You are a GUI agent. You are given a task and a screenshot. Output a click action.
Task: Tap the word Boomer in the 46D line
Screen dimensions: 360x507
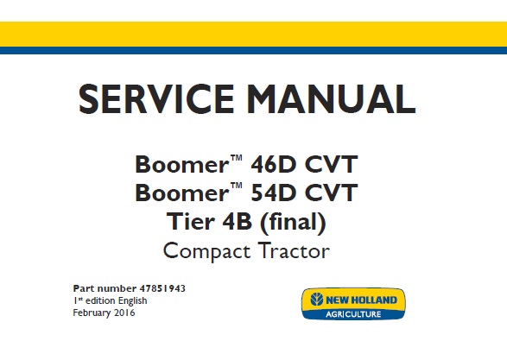pyautogui.click(x=176, y=164)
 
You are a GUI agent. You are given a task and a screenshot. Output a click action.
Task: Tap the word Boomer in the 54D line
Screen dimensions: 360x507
pyautogui.click(x=176, y=193)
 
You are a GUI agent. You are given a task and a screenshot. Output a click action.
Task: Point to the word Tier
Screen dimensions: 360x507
pyautogui.click(x=189, y=223)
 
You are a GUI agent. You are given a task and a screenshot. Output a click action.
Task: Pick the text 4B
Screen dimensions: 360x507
pyautogui.click(x=241, y=223)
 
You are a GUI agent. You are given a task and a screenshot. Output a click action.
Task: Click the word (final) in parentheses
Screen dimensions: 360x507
pyautogui.click(x=295, y=223)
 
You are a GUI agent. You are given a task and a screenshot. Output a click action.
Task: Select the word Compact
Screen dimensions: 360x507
pyautogui.click(x=206, y=252)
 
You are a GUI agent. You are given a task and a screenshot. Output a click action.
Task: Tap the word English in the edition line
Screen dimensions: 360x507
pyautogui.click(x=120, y=300)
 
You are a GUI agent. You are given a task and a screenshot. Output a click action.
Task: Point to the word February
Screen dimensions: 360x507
pyautogui.click(x=90, y=312)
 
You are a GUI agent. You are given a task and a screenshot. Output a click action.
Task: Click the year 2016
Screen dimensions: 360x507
pyautogui.click(x=124, y=312)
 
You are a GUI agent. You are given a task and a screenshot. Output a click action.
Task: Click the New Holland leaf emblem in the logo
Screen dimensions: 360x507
pyautogui.click(x=314, y=300)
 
